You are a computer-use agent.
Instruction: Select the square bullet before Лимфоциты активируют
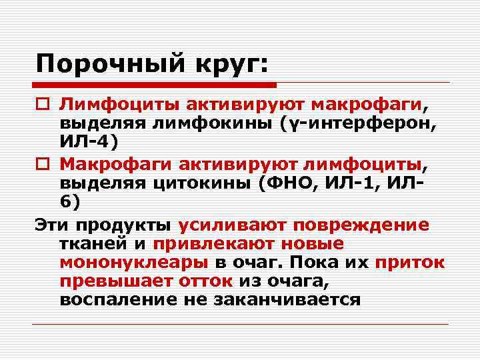pos(41,105)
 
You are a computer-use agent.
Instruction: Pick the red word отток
pos(206,281)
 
